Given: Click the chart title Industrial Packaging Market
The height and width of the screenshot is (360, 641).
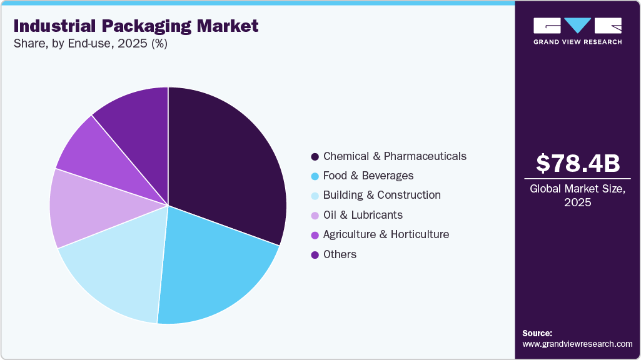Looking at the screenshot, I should [136, 26].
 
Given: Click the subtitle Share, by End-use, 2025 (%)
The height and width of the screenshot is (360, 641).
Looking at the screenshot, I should [90, 44].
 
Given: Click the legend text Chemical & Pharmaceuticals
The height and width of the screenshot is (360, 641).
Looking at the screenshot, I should [395, 156].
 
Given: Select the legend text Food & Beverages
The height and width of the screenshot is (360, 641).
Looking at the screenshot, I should [368, 176].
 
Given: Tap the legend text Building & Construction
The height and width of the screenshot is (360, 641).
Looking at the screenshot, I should [381, 195].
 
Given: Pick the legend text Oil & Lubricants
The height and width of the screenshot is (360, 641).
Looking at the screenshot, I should [363, 215].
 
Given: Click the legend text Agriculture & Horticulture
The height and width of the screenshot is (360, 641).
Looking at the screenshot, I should [386, 234].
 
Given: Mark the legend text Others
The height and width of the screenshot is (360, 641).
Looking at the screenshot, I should [340, 254].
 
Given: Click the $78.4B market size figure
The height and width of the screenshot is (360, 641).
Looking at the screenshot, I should [578, 164].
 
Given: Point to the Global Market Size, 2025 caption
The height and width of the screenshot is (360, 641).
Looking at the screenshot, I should [578, 195].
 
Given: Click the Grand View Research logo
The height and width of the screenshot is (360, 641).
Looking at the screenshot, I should [578, 31].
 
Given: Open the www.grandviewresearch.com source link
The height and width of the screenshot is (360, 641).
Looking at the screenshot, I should [577, 344].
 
